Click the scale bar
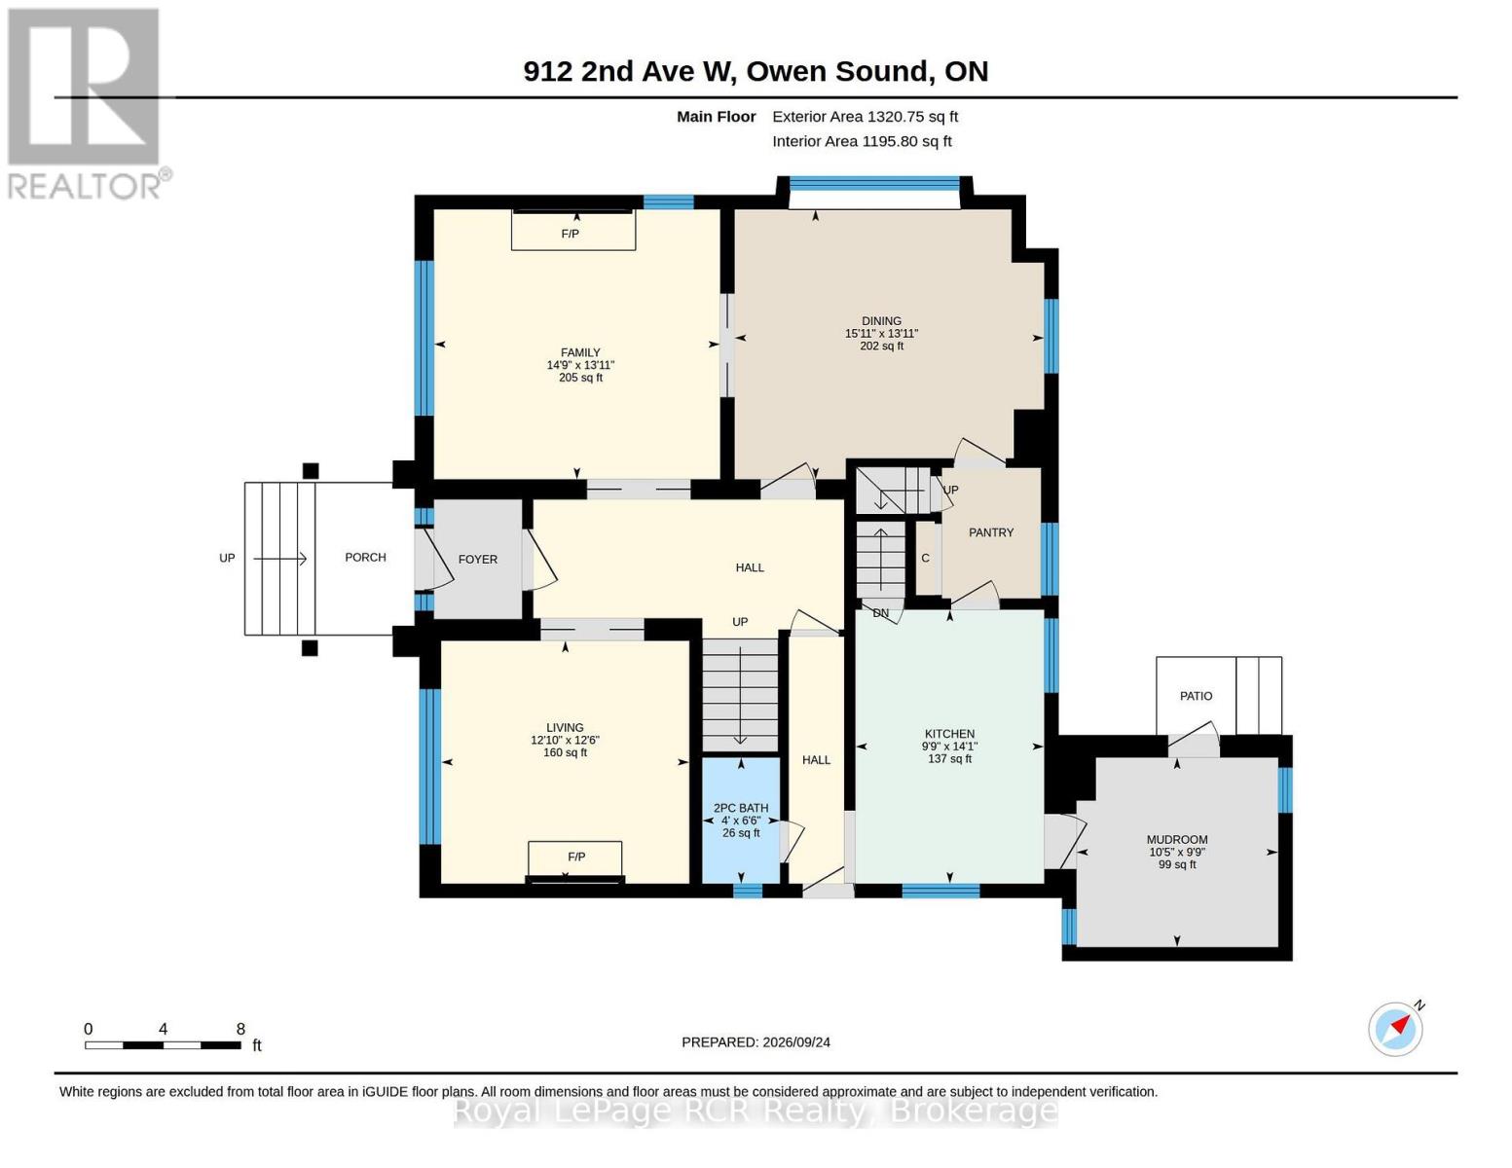click(163, 1044)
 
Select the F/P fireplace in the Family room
click(572, 230)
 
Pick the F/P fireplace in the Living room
click(574, 862)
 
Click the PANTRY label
click(991, 532)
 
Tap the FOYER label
click(477, 560)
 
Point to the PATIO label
click(1196, 696)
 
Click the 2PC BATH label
click(740, 808)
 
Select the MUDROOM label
click(1177, 840)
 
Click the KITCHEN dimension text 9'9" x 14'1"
click(949, 747)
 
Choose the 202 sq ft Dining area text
click(881, 346)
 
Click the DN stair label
click(880, 613)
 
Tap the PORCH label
click(365, 557)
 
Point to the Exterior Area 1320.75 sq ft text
click(865, 117)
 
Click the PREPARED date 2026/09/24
click(796, 1042)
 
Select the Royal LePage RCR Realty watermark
click(756, 1111)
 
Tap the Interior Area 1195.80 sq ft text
click(862, 141)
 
